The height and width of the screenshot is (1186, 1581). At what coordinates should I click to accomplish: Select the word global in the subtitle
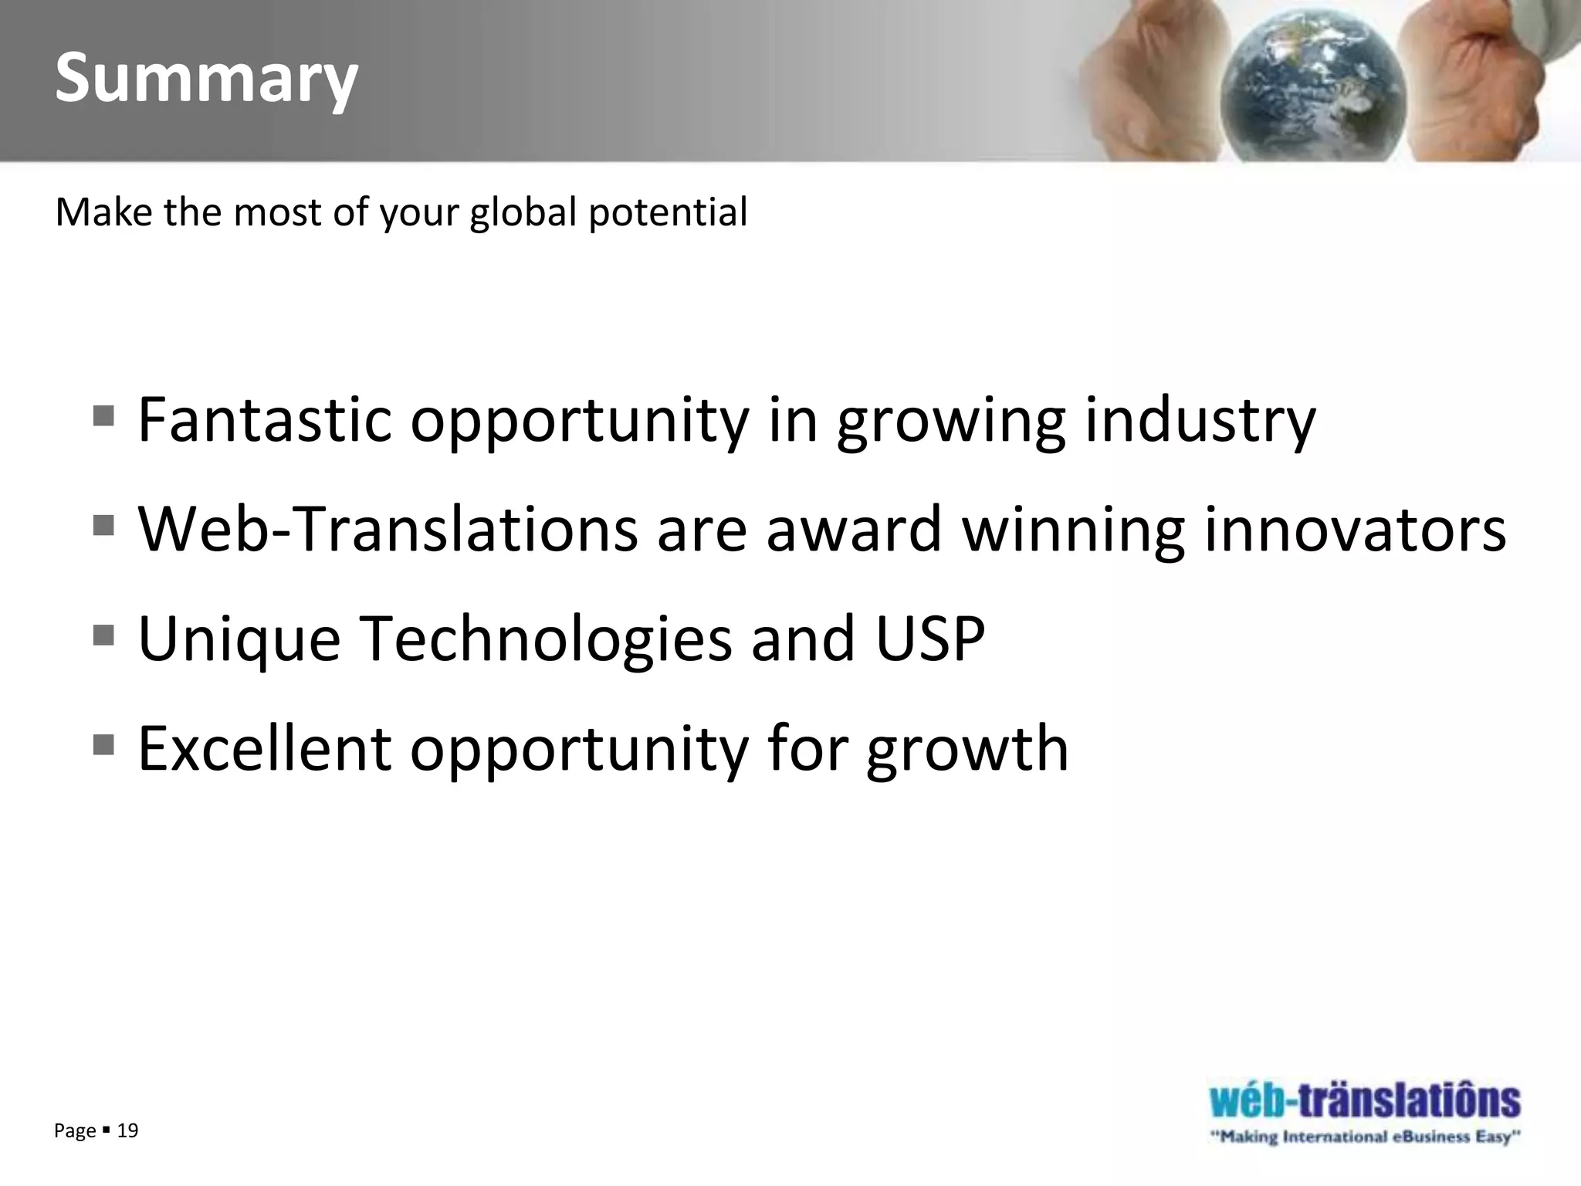523,212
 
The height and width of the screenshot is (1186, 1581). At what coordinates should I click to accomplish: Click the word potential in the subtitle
668,212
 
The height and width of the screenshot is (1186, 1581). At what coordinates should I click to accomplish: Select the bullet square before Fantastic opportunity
103,416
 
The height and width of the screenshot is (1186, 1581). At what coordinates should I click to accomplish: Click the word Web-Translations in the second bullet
388,529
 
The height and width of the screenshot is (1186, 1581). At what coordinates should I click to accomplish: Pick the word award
854,529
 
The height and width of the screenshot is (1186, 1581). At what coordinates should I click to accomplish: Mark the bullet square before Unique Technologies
103,635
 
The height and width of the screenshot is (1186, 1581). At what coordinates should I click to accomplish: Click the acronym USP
930,639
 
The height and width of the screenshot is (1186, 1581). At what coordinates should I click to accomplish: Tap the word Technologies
546,640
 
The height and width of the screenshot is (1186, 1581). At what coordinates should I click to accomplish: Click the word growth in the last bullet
967,749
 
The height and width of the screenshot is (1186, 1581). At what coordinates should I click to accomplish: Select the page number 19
127,1131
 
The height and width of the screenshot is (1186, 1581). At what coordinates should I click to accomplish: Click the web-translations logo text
1365,1100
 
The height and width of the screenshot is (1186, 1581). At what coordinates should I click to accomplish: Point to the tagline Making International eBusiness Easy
1365,1137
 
